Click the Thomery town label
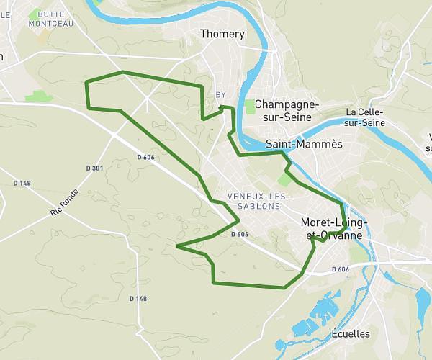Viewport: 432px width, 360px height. pyautogui.click(x=222, y=34)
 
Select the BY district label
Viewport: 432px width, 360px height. pyautogui.click(x=221, y=94)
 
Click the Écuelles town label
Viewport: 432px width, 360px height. pyautogui.click(x=351, y=333)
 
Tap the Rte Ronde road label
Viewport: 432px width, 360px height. pyautogui.click(x=63, y=205)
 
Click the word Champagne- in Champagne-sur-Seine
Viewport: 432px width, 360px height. pyautogui.click(x=287, y=104)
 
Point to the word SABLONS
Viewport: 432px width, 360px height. pyautogui.click(x=257, y=206)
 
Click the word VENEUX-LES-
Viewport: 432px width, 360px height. pyautogui.click(x=258, y=197)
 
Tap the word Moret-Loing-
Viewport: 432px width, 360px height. pyautogui.click(x=333, y=223)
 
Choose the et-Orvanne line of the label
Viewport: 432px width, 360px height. pyautogui.click(x=334, y=235)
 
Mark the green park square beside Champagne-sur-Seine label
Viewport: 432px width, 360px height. pyautogui.click(x=250, y=107)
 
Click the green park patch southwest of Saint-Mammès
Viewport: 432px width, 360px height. pyautogui.click(x=284, y=179)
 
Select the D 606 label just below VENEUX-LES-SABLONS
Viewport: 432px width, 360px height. pyautogui.click(x=240, y=234)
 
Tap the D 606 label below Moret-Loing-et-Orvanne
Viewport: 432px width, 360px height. pyautogui.click(x=340, y=269)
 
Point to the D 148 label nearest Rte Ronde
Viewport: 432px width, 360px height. pyautogui.click(x=22, y=183)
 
